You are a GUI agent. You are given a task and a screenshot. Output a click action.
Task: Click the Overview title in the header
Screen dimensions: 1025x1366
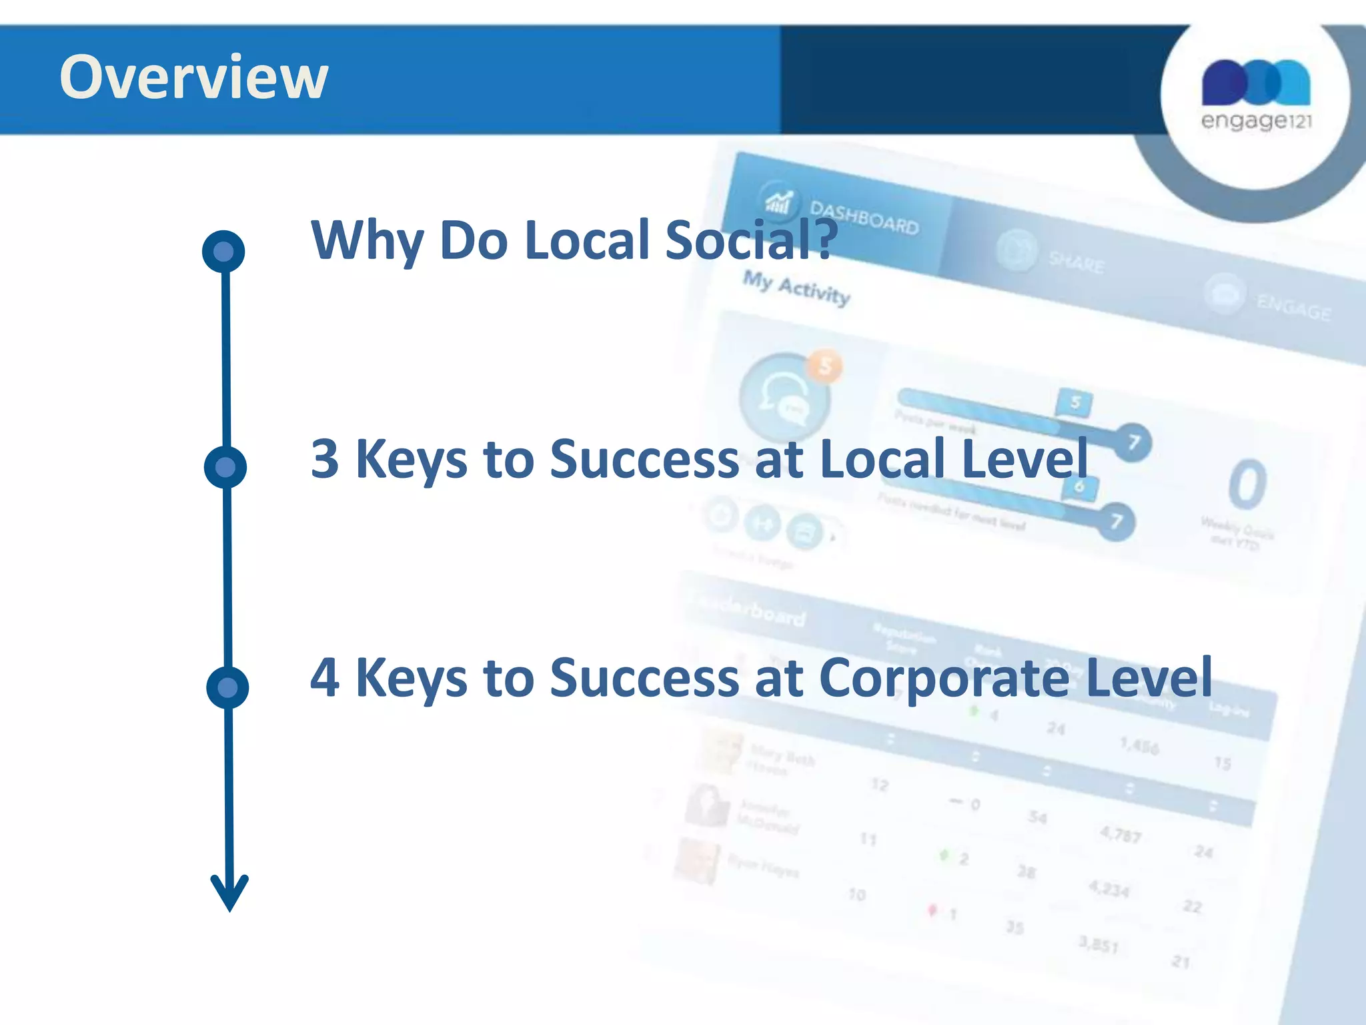coord(193,77)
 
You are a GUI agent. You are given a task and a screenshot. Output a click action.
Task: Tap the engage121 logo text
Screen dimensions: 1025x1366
coord(1256,121)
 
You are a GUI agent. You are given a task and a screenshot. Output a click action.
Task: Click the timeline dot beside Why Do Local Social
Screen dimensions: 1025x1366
coord(223,252)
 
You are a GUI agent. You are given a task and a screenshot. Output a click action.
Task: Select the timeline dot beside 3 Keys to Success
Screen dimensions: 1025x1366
coord(225,466)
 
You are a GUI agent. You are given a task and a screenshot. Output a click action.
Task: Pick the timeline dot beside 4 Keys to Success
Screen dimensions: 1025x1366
coord(227,687)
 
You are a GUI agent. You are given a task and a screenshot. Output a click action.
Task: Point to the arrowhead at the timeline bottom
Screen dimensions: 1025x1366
coord(229,894)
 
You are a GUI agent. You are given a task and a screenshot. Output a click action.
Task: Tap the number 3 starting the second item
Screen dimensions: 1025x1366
coord(325,459)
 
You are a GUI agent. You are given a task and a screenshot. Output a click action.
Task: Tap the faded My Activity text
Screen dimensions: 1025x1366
coord(796,288)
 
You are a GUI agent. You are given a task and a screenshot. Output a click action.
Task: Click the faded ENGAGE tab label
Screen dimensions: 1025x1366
coord(1293,308)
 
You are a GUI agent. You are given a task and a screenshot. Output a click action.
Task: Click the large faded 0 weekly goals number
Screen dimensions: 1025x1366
coord(1247,485)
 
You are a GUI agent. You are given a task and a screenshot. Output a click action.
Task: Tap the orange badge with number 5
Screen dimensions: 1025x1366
coord(825,366)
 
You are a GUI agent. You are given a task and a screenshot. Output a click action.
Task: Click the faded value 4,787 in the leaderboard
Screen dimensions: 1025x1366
coord(1121,833)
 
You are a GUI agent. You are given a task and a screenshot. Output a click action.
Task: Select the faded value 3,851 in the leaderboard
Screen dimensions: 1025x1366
coord(1098,944)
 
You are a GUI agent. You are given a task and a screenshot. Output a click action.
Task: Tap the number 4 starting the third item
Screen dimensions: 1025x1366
coord(325,678)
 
